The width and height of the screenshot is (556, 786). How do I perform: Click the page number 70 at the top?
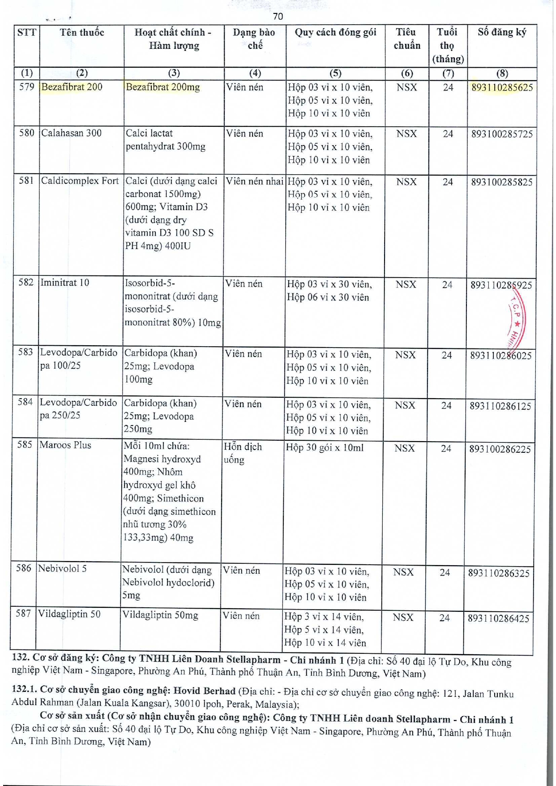278,17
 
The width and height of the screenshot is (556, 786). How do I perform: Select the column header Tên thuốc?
82,33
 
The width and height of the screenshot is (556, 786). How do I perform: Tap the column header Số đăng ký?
502,32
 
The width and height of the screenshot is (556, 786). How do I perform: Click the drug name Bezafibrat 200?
72,87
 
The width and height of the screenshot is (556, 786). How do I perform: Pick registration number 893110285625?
502,87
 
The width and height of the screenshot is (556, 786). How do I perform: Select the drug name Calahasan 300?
71,133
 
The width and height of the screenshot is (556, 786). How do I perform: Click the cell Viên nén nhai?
254,181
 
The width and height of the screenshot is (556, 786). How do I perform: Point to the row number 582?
26,283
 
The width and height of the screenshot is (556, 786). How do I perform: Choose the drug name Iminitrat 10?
65,283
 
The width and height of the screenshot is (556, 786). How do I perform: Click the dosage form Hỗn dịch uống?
242,453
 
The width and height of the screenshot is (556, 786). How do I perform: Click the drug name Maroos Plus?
65,445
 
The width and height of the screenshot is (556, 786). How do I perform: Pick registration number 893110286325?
499,573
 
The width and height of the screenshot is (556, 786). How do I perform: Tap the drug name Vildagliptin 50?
69,614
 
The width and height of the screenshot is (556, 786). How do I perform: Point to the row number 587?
23,614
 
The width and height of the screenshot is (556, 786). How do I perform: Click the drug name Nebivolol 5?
62,569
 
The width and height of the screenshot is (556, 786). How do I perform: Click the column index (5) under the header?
335,73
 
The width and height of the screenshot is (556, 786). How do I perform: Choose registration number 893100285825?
501,182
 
